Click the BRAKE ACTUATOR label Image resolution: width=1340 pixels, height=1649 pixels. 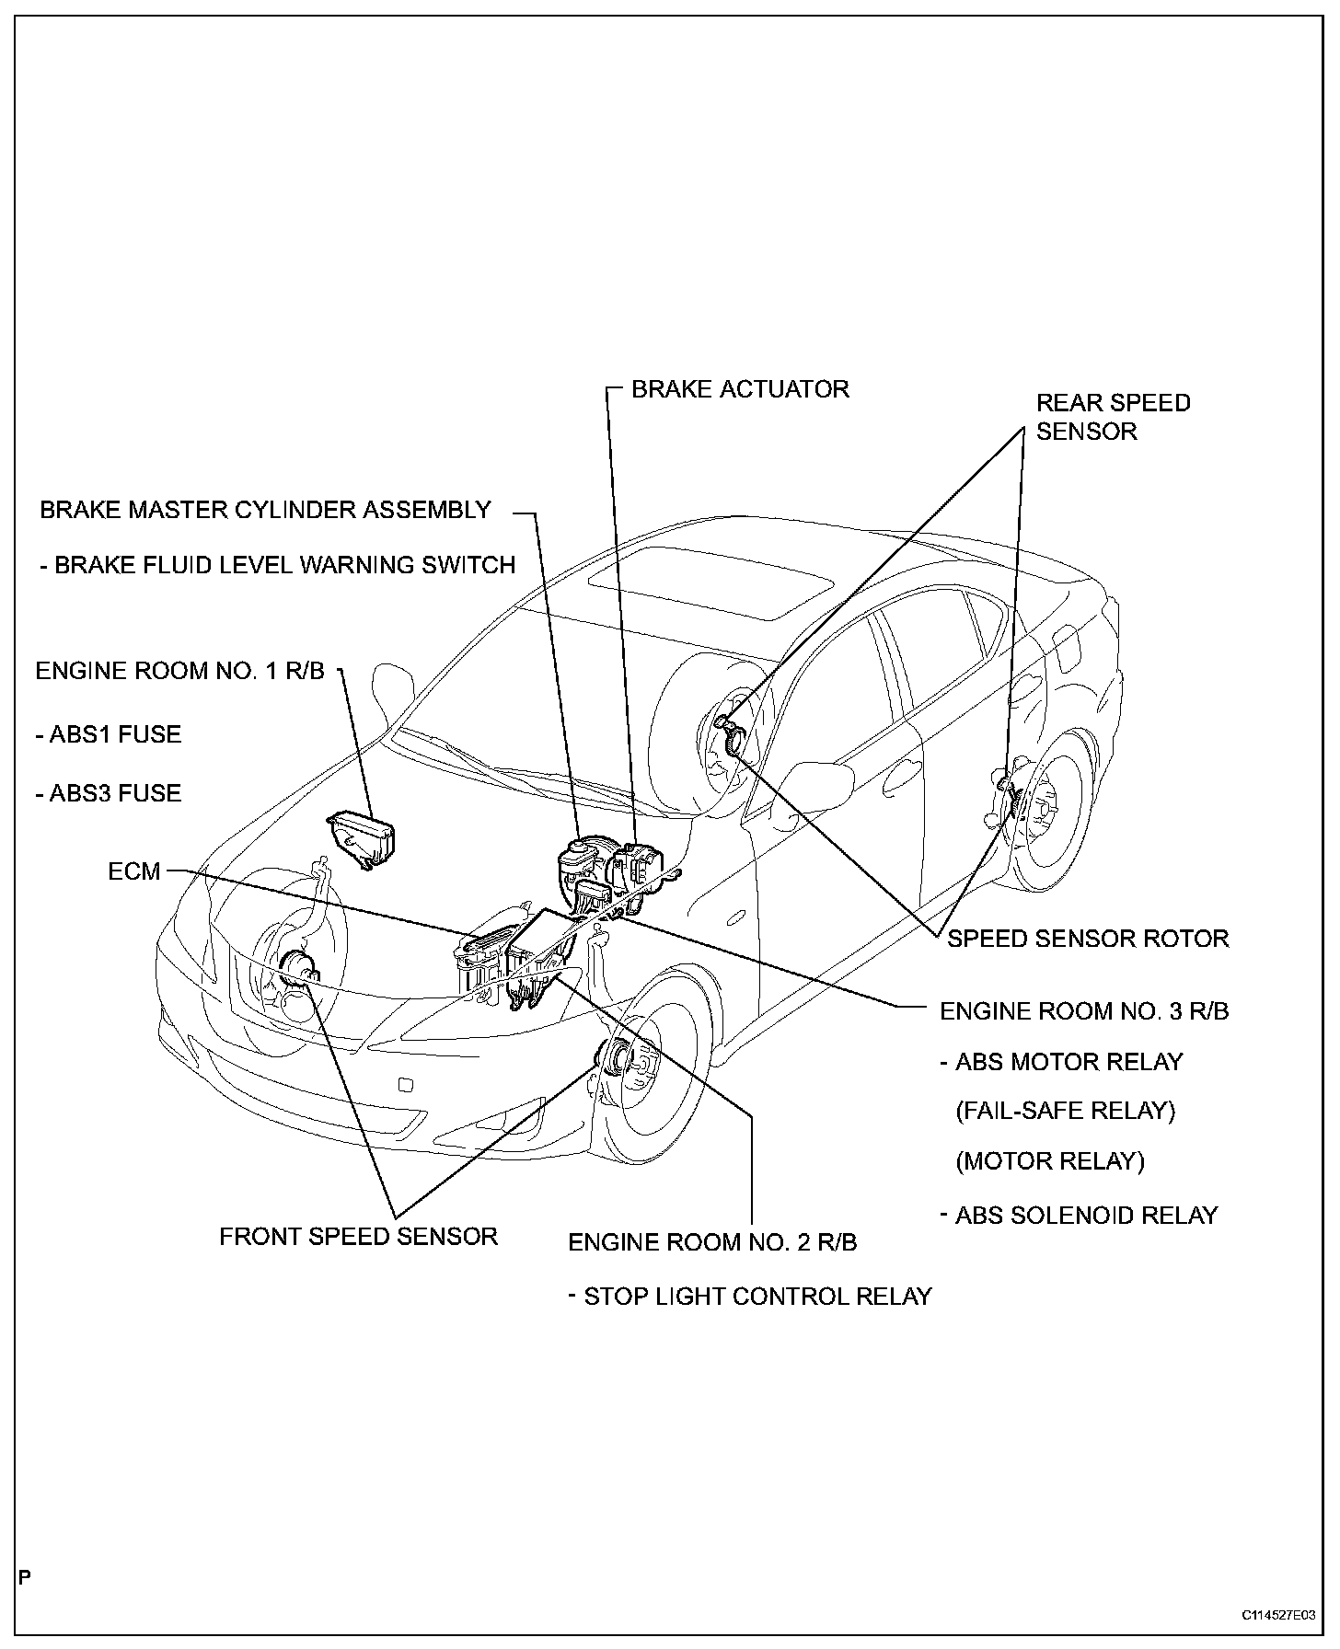(x=740, y=389)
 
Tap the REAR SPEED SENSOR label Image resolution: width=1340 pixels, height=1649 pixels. (x=1113, y=417)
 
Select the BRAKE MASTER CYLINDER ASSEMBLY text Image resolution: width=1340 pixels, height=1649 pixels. (x=265, y=510)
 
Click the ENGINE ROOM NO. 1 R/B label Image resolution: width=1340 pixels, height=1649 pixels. (x=179, y=671)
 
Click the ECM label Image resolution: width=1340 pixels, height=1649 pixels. (x=134, y=871)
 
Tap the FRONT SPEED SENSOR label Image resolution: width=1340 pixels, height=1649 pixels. (x=358, y=1236)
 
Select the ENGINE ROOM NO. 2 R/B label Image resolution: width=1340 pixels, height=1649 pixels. (x=712, y=1242)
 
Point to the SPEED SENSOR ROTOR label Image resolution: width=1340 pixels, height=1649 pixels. (x=1088, y=939)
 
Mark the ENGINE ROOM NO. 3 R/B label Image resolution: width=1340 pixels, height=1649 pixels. (x=1083, y=1011)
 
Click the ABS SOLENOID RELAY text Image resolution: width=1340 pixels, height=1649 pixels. (x=1086, y=1216)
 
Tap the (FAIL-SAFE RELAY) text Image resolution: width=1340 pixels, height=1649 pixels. (x=1066, y=1110)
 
